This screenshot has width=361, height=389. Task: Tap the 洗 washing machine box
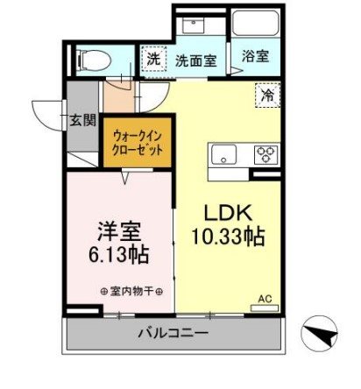[x=153, y=60]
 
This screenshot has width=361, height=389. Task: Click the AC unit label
[x=264, y=299]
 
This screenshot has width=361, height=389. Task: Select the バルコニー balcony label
[x=172, y=334]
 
